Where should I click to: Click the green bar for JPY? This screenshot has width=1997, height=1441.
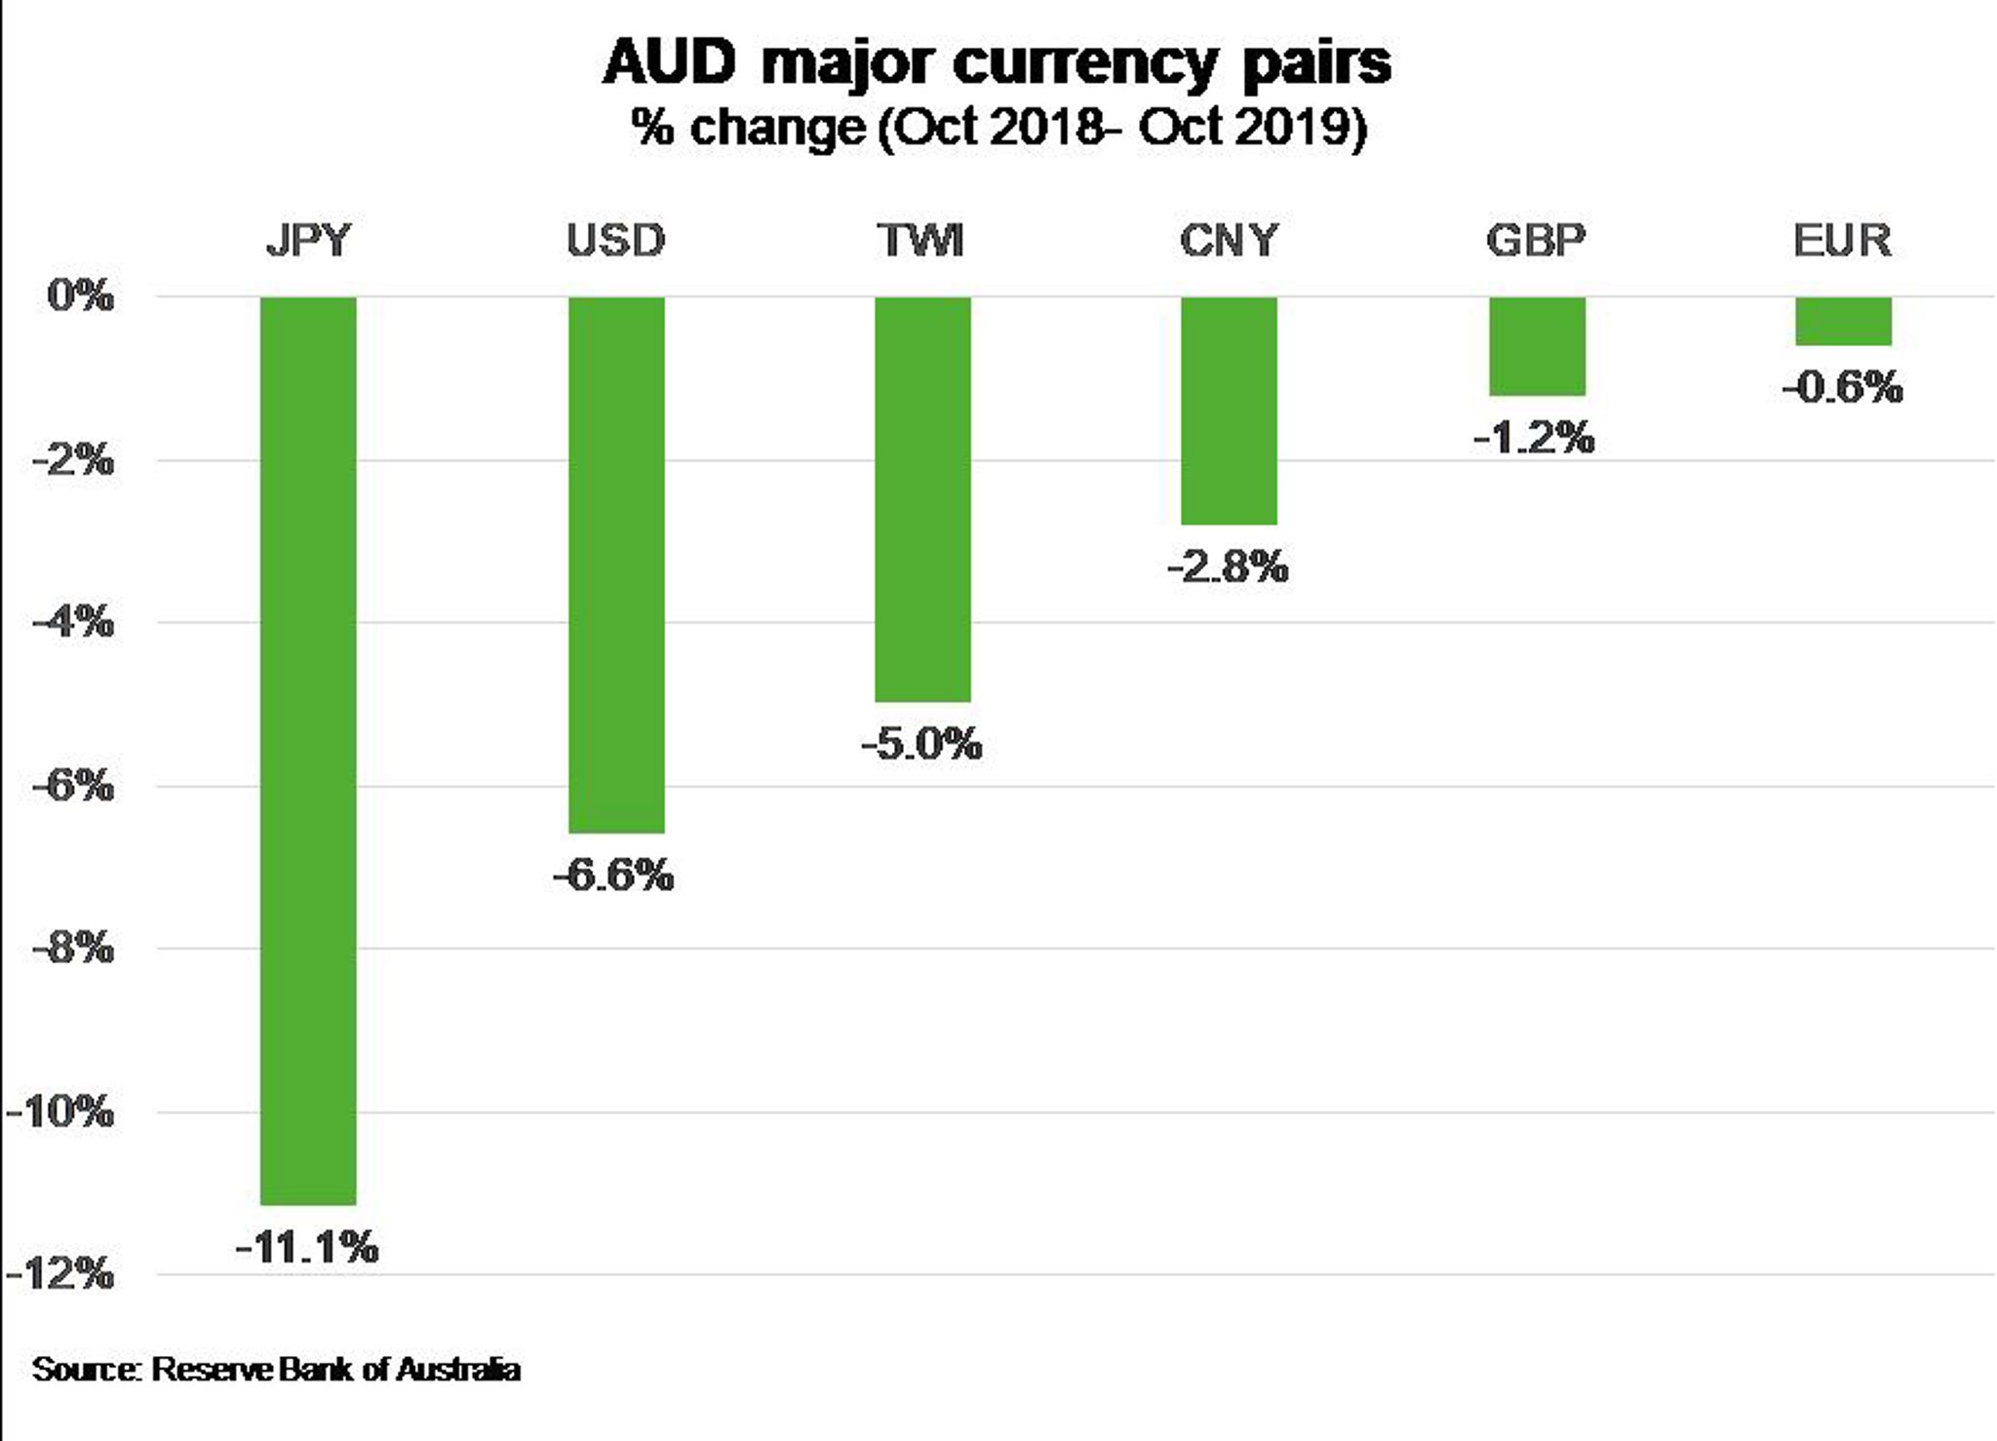(308, 750)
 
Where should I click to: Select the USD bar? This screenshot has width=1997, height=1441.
(616, 565)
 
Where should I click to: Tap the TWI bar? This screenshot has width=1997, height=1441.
(922, 498)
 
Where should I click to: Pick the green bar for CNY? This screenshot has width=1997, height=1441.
(1229, 410)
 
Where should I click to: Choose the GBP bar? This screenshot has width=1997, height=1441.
(1537, 346)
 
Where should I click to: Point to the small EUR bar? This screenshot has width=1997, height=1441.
(1843, 321)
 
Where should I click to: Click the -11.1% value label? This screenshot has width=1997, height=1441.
(308, 1247)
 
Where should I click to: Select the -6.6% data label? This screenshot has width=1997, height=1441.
(614, 875)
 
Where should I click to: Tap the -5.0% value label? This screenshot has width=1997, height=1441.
(922, 745)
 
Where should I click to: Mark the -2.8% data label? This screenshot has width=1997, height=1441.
(1229, 566)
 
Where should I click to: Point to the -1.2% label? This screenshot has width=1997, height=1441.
(1535, 438)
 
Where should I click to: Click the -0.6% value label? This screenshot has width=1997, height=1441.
(1843, 387)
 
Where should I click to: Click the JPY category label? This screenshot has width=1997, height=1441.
(308, 240)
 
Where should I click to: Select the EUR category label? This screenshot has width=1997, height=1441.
(1842, 240)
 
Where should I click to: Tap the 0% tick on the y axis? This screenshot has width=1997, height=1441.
(80, 295)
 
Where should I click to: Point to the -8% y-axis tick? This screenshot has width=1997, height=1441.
(73, 947)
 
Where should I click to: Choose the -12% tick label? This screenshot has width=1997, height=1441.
(60, 1273)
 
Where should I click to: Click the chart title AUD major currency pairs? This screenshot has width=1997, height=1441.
(997, 63)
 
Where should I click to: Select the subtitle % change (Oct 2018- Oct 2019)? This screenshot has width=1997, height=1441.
(998, 128)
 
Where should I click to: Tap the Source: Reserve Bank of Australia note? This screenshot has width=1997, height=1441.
(276, 1369)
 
